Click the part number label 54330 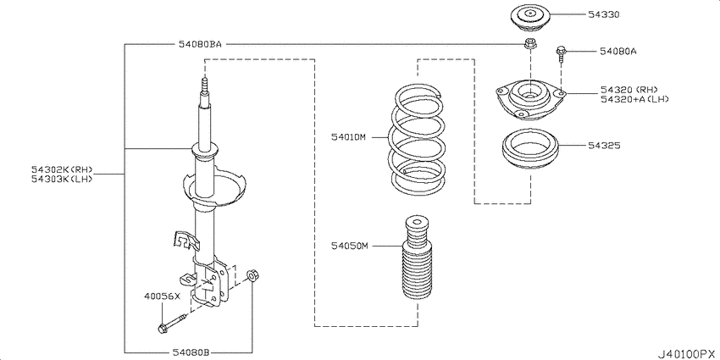click(604, 14)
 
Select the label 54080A click(618, 52)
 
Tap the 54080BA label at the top click(200, 44)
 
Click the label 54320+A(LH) click(634, 99)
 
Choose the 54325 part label click(604, 146)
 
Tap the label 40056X click(161, 296)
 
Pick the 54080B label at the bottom click(191, 352)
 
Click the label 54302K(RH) click(62, 169)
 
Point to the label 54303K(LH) click(62, 179)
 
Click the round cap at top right click(530, 18)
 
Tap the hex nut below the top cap click(530, 44)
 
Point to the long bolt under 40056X click(171, 324)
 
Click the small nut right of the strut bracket click(252, 275)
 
